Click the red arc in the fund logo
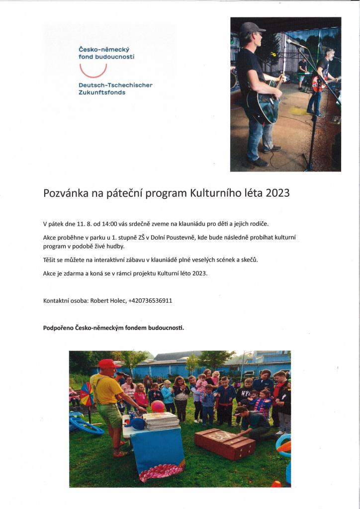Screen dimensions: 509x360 [93, 73]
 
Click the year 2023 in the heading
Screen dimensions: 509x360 [277, 194]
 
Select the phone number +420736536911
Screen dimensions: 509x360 [150, 300]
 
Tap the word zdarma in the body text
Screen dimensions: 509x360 [72, 273]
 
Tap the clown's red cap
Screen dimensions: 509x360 [107, 364]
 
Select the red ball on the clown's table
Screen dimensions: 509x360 [158, 406]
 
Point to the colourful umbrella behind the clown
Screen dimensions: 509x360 [87, 394]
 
